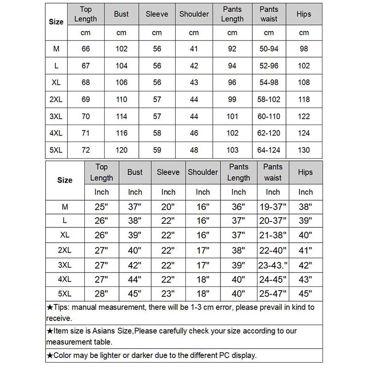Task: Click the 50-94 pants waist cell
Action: (x=269, y=49)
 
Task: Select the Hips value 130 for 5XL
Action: (x=304, y=150)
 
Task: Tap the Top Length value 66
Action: (x=86, y=49)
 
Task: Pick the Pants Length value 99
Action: (x=232, y=100)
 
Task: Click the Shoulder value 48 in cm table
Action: (x=194, y=150)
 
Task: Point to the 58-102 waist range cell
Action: (x=269, y=100)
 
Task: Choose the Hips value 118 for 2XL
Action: (x=304, y=100)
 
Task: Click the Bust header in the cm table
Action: (x=121, y=14)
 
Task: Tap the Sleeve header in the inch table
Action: (x=168, y=172)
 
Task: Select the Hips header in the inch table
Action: (x=305, y=172)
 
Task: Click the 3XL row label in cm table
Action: (x=56, y=117)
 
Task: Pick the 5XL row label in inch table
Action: (x=65, y=294)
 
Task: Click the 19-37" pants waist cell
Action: (x=273, y=207)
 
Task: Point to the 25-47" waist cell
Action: (x=273, y=294)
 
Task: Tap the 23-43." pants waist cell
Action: (x=273, y=265)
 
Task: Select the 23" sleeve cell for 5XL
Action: (x=168, y=294)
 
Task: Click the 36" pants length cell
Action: (x=238, y=207)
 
